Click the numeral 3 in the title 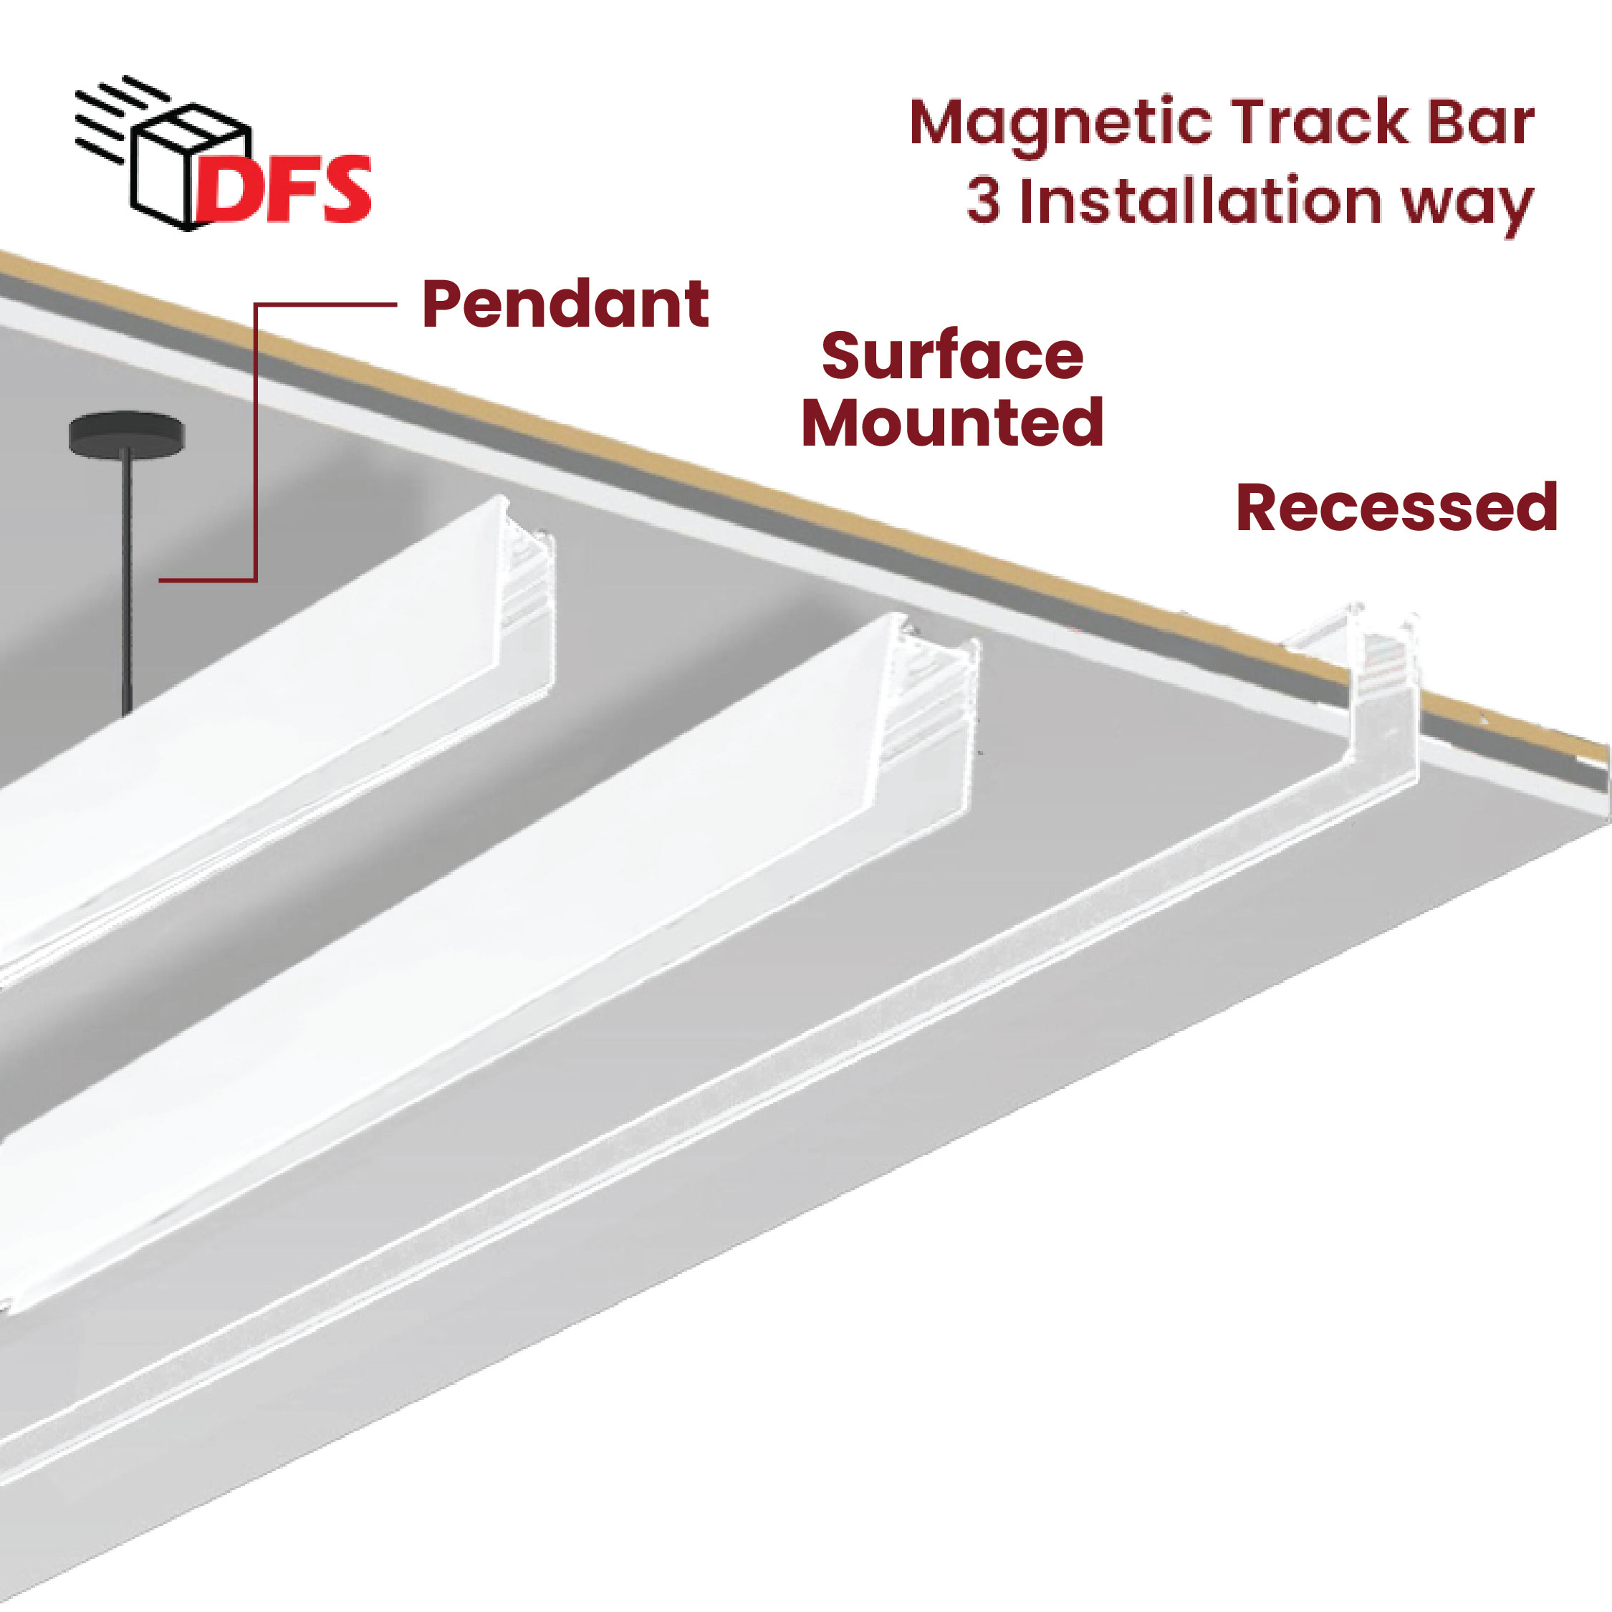pyautogui.click(x=984, y=202)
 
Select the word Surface pyautogui.click(x=952, y=356)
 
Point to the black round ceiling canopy pyautogui.click(x=126, y=434)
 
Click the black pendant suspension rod pyautogui.click(x=126, y=584)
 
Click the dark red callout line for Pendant pyautogui.click(x=255, y=442)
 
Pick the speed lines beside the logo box pyautogui.click(x=108, y=117)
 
